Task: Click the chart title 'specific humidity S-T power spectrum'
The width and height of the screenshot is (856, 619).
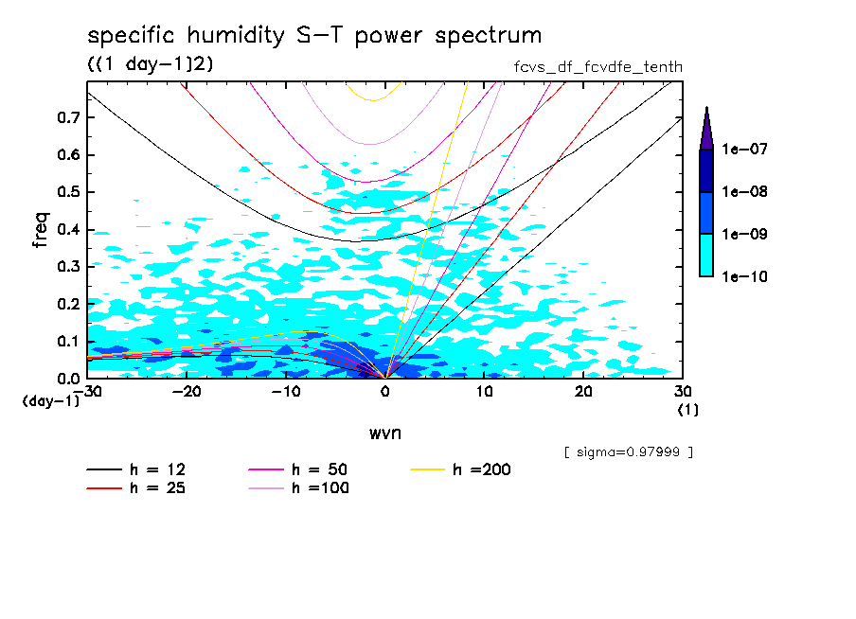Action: point(314,36)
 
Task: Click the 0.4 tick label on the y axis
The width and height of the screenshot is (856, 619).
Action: point(69,229)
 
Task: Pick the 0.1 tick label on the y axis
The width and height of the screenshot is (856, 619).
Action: point(69,341)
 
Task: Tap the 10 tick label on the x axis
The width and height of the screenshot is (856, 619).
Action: point(484,391)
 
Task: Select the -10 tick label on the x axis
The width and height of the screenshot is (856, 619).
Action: point(286,391)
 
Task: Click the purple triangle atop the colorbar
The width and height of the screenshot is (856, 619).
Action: point(706,128)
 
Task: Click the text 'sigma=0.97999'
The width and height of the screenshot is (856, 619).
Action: point(629,451)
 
